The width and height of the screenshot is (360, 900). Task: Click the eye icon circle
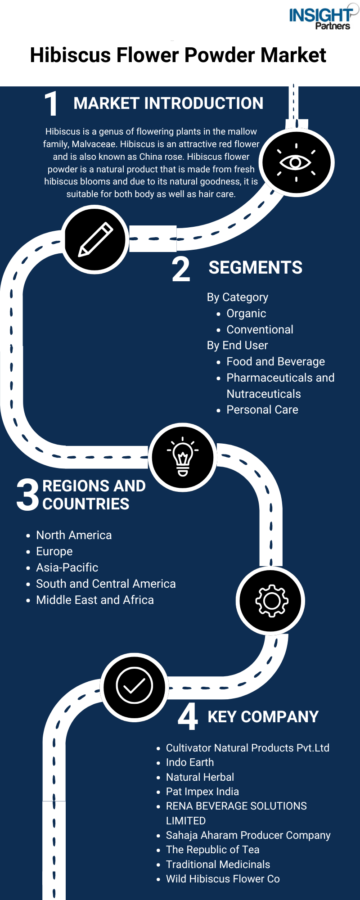tap(297, 162)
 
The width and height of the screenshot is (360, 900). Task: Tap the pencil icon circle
tap(95, 239)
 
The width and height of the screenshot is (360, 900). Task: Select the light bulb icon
tap(183, 456)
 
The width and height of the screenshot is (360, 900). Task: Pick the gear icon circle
tap(271, 601)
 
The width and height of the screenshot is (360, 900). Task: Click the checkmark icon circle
tap(135, 687)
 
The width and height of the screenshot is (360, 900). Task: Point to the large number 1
tap(51, 104)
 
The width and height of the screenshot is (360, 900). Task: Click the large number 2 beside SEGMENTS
tap(181, 269)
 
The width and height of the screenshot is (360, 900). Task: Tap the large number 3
tap(28, 495)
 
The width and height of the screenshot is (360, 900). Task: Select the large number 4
tap(188, 716)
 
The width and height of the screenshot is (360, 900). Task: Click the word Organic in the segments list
tap(246, 314)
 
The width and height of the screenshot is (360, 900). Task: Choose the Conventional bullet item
tap(260, 329)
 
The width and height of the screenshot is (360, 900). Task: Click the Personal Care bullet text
tap(262, 409)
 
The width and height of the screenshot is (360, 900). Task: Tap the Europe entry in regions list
tap(54, 552)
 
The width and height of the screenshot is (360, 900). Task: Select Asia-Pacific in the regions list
tap(67, 567)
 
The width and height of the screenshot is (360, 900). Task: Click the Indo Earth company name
tap(190, 762)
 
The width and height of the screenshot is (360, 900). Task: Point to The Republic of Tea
tap(213, 850)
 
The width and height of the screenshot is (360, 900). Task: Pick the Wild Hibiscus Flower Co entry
tap(223, 879)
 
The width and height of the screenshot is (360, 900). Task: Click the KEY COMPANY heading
tap(263, 717)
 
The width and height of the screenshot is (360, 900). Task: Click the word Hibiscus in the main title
tap(71, 55)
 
